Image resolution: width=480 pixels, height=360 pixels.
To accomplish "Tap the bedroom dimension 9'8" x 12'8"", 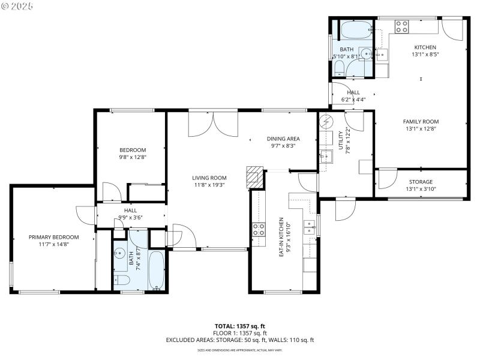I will click(x=133, y=157).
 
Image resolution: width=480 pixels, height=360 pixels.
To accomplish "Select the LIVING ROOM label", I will click(x=209, y=178).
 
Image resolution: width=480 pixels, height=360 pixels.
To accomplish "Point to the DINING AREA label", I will click(x=283, y=139).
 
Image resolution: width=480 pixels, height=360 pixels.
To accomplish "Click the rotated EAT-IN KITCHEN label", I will click(x=281, y=238).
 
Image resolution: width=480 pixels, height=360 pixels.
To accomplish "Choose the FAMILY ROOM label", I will click(x=421, y=121).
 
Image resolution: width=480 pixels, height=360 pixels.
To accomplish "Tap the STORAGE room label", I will click(x=421, y=182).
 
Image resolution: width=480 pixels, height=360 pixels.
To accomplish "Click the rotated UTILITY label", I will click(x=340, y=142).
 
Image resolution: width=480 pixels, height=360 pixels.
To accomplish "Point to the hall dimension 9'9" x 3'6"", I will click(x=130, y=218).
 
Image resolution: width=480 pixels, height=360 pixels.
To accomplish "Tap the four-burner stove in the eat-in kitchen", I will click(x=259, y=229).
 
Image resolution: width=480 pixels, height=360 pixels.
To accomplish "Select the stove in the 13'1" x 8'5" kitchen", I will click(x=401, y=26).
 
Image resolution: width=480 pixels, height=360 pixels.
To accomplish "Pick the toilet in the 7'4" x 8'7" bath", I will click(x=121, y=280).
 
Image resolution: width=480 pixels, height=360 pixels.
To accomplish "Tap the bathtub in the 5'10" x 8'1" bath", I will click(x=356, y=29).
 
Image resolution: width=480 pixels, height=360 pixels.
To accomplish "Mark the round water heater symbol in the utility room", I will click(x=326, y=121).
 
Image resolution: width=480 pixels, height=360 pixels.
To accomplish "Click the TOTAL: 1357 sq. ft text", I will click(x=240, y=326).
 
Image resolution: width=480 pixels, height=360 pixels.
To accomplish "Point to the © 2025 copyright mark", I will click(x=17, y=5).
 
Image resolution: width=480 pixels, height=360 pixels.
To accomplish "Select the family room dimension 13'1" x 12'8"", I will click(x=421, y=128).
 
